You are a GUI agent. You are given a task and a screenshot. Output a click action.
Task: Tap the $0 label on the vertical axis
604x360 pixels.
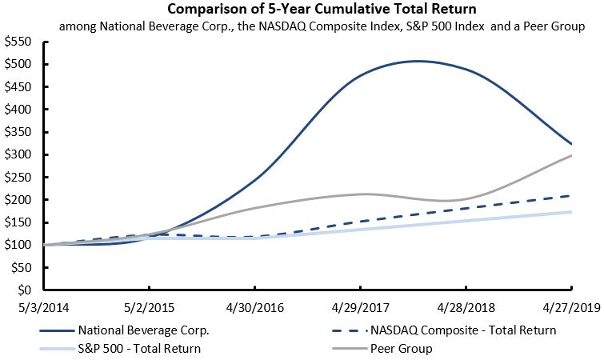24,290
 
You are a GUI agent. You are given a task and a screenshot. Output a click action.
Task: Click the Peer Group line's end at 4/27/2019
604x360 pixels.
571,155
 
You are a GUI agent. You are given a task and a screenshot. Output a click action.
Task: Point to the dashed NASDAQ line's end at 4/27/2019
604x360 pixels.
571,195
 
